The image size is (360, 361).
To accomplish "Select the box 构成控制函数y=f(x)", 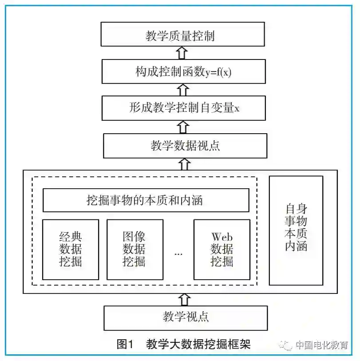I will (183, 71).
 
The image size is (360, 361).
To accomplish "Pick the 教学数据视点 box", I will (185, 145).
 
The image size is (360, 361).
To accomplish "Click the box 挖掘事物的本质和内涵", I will (146, 200).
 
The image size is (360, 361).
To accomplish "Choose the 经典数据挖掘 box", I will (71, 250).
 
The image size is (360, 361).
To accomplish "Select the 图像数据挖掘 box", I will (135, 250).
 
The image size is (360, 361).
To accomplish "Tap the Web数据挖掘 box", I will (222, 250).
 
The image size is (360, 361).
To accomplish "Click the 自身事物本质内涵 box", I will (296, 230).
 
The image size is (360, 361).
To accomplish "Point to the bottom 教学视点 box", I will (186, 317).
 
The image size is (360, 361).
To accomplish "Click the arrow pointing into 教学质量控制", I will (181, 53).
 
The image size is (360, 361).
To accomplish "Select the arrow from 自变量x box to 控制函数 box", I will (182, 90).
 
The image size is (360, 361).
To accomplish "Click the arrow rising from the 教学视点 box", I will (186, 299).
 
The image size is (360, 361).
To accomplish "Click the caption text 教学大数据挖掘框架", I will (198, 344).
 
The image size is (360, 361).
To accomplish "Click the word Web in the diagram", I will (222, 237).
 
